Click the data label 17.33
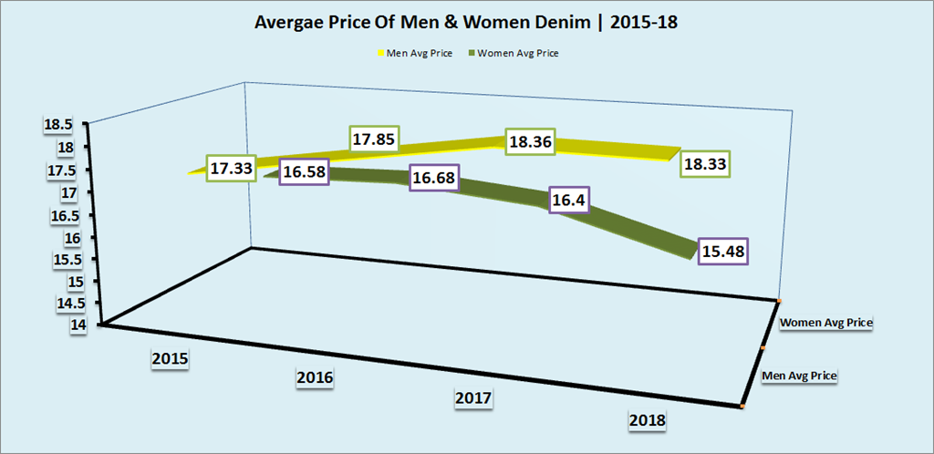(232, 170)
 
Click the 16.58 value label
(305, 170)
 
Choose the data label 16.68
(434, 178)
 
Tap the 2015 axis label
(171, 358)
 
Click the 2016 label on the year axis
(316, 377)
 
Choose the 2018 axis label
(648, 420)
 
